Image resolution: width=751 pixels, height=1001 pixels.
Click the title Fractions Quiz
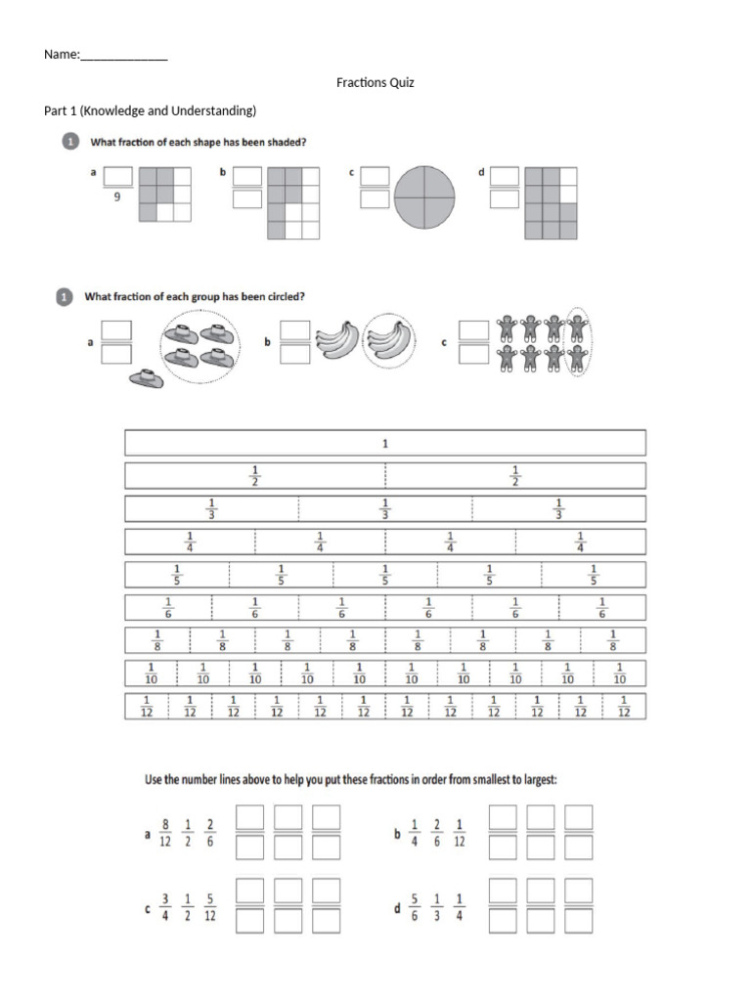pyautogui.click(x=375, y=83)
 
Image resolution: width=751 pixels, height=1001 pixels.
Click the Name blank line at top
pyautogui.click(x=123, y=57)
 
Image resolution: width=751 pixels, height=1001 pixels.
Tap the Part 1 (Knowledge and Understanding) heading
pyautogui.click(x=150, y=110)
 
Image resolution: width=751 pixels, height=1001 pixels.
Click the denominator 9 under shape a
pyautogui.click(x=117, y=197)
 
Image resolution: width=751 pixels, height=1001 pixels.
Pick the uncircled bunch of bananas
pyautogui.click(x=334, y=341)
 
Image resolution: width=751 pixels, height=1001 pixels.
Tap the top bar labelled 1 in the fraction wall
pyautogui.click(x=384, y=444)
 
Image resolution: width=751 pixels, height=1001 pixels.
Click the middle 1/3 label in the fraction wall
pyautogui.click(x=385, y=509)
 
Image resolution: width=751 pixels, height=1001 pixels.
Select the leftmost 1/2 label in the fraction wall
pyautogui.click(x=254, y=476)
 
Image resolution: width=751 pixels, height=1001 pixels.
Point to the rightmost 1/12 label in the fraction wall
pyautogui.click(x=624, y=707)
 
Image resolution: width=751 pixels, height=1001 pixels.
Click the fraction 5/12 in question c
pyautogui.click(x=210, y=909)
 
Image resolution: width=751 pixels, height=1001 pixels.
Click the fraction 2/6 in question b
pyautogui.click(x=437, y=834)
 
